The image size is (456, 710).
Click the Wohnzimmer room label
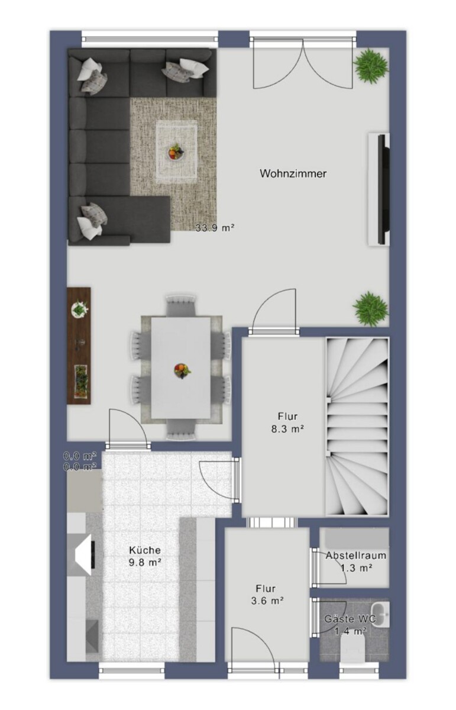pos(293,173)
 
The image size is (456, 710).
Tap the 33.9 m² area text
pos(215,228)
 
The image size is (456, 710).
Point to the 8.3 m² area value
pos(287,429)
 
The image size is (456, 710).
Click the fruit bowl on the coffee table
pos(176,151)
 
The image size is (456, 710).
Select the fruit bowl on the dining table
pos(183,371)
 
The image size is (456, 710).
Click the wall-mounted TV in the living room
pos(383,189)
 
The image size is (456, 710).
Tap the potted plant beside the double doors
pos(371,66)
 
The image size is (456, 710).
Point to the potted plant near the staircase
pos(370,308)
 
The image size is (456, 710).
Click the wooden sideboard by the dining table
pos(79,346)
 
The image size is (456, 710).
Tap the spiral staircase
pos(357,427)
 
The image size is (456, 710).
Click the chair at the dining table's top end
pos(180,306)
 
